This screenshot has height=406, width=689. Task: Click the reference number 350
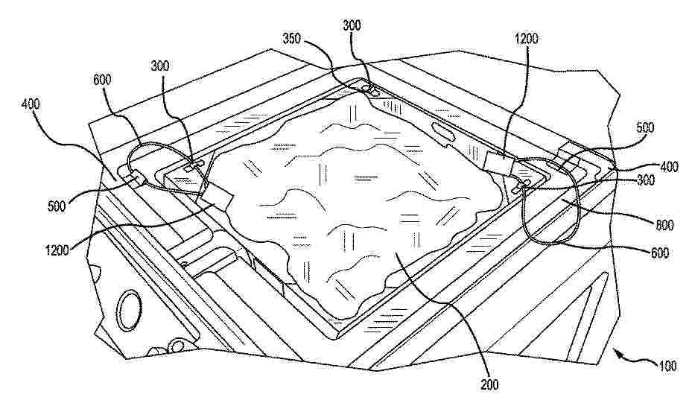point(292,38)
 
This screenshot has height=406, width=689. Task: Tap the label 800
point(664,226)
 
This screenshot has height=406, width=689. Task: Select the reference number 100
point(667,366)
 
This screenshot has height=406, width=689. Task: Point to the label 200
point(489,384)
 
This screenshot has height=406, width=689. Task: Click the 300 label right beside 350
point(352,25)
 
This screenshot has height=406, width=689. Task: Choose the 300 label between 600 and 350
point(160,66)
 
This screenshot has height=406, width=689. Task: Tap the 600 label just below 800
point(659,253)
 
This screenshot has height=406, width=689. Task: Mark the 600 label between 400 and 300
point(102,80)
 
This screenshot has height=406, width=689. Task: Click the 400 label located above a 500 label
point(31,104)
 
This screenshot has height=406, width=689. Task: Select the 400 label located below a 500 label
point(669,167)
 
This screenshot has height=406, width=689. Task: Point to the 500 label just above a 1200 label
point(57,206)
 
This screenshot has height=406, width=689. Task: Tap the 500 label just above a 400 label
point(645,127)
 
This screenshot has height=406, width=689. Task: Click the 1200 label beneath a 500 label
point(57,250)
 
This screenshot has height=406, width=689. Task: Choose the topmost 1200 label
point(526,39)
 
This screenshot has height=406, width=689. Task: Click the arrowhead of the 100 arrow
point(616,350)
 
